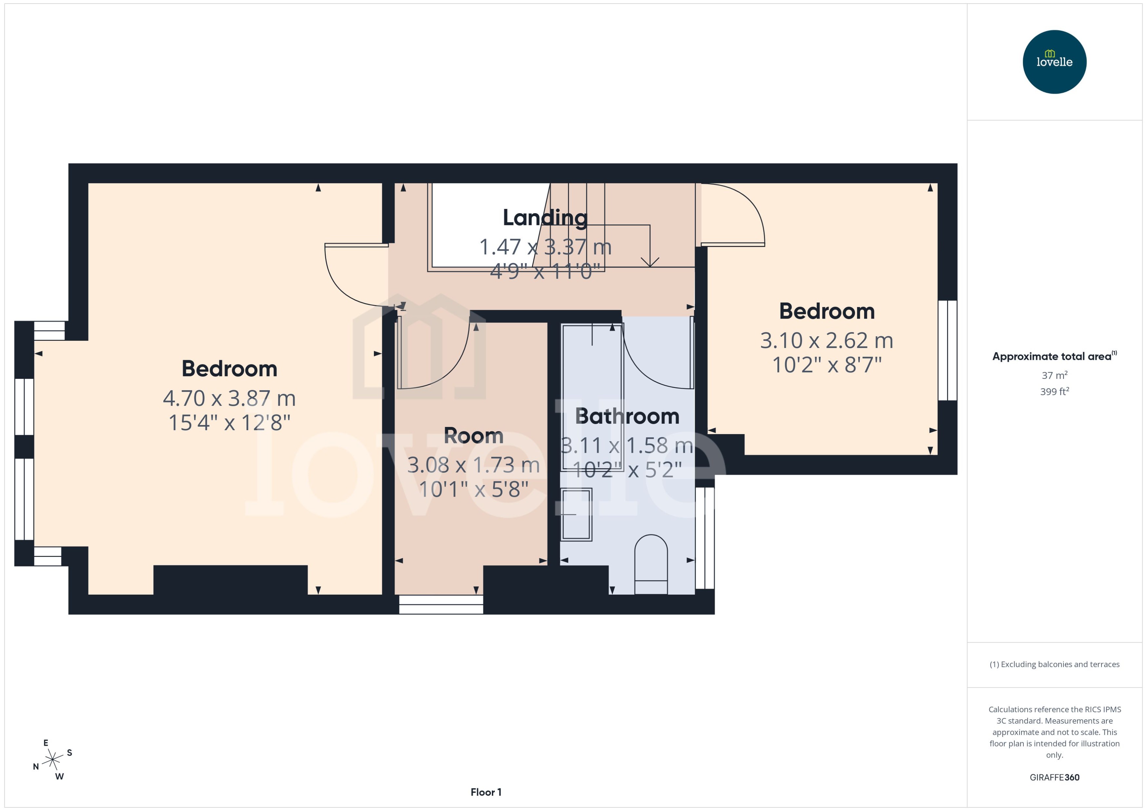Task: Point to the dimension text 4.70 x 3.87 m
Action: pos(229,398)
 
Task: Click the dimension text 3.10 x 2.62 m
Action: pos(826,341)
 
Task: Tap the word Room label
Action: pos(473,436)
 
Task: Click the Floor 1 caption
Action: pos(485,792)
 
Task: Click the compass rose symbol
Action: pos(52,760)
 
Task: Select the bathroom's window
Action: pos(705,538)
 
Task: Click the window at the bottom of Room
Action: pos(441,604)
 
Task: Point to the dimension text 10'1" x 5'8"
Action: pos(473,489)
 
